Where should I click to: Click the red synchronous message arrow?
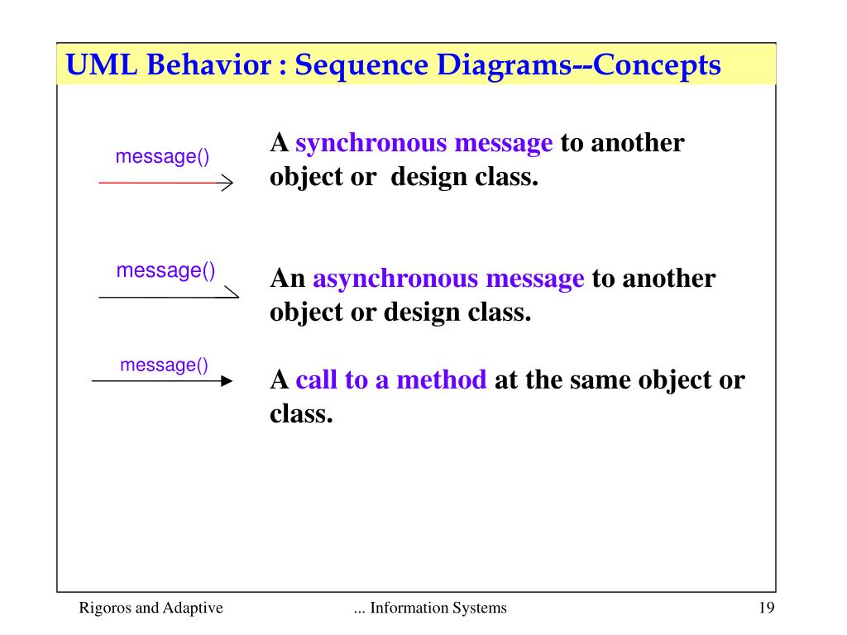coord(165,183)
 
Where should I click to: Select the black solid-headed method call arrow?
coord(162,381)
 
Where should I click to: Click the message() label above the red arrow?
coord(162,156)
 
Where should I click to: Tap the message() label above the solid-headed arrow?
coord(164,365)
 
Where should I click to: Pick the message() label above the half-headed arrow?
coord(165,270)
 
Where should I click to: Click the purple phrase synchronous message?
coord(424,144)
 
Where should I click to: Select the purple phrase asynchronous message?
coord(448,279)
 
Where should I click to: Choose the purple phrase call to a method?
coord(391,380)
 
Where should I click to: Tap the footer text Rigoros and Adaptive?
coord(151,609)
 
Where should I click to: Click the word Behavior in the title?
coord(207,64)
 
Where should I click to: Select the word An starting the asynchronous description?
coord(288,279)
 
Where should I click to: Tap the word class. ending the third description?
coord(301,413)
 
